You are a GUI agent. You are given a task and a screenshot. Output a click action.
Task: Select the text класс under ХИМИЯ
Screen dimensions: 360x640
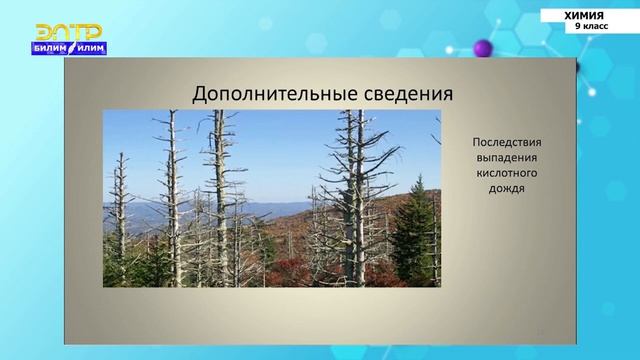[x=594, y=27]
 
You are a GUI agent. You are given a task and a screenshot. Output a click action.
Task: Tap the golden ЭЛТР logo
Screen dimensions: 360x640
[x=69, y=32]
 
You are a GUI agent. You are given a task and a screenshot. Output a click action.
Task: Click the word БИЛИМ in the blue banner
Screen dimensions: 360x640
[x=56, y=47]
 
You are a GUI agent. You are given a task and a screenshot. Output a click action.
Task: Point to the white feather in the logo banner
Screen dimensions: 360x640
[x=74, y=46]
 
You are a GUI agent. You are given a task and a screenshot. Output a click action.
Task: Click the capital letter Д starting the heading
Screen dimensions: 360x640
[x=199, y=94]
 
